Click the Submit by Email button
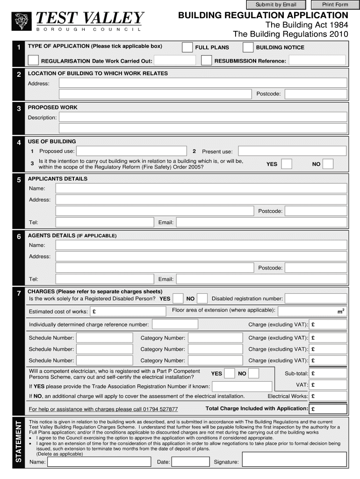point(276,5)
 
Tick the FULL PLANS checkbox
point(187,47)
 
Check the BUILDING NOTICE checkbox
point(248,47)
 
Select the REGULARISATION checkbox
point(34,60)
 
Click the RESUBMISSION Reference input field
point(317,61)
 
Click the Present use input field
point(292,152)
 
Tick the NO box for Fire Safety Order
point(328,164)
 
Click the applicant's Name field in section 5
point(201,189)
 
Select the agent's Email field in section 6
point(261,279)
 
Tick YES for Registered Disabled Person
point(178,298)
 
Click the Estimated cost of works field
point(128,312)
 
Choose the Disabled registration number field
point(316,298)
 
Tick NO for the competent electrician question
point(253,373)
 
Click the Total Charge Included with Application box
point(329,409)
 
